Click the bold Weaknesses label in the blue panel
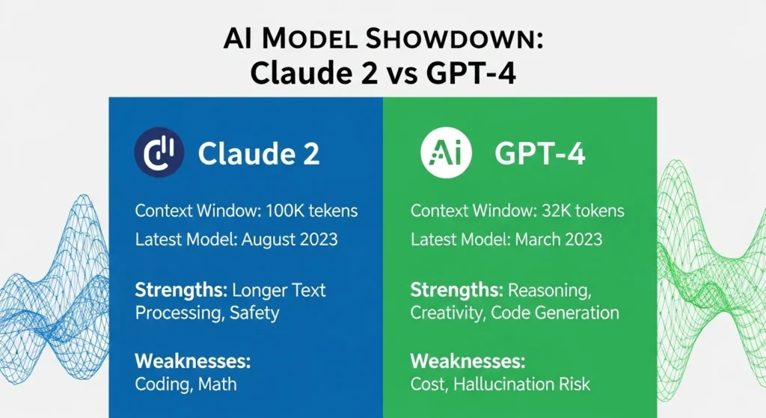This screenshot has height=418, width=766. (x=193, y=361)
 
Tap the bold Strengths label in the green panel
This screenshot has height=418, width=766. (x=457, y=289)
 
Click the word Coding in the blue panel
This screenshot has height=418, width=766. (x=162, y=384)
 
